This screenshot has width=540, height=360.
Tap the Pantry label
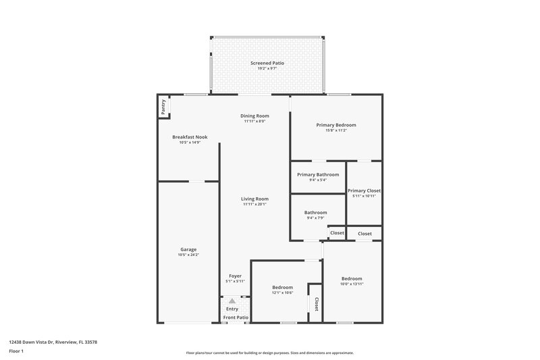(163, 107)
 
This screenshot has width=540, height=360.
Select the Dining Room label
(254, 116)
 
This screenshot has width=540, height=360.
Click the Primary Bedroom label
(336, 125)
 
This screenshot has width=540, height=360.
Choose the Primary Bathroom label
(318, 174)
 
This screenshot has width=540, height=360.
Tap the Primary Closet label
(364, 190)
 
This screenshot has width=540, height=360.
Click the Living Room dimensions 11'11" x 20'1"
(254, 204)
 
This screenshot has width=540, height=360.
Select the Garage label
(188, 249)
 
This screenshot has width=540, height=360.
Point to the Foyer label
(235, 276)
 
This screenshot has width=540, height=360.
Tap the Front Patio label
(236, 317)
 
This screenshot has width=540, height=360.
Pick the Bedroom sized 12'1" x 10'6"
(282, 287)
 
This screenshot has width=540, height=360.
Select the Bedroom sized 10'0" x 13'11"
(351, 279)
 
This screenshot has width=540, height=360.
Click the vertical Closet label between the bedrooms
(316, 303)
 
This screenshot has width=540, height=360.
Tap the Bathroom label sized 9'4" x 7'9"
(315, 212)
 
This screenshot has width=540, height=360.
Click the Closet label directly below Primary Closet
(364, 234)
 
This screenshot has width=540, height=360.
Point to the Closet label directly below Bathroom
(337, 233)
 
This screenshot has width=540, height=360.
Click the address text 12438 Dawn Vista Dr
(53, 342)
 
